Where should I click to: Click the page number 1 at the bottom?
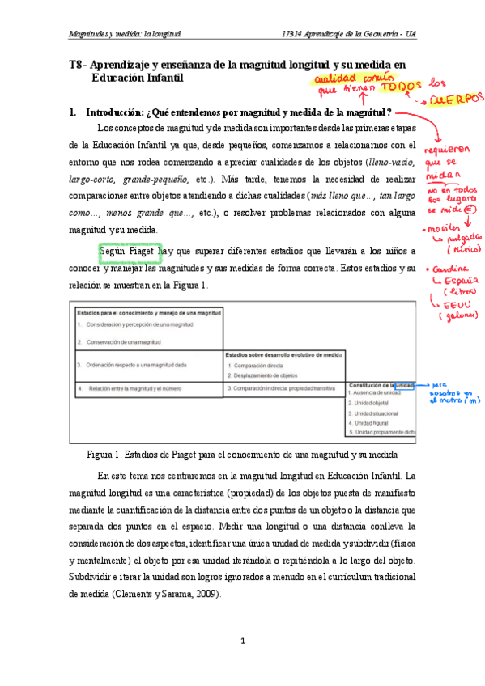tap(242, 642)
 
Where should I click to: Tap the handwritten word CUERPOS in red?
tap(457, 99)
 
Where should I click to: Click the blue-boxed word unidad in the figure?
tap(406, 385)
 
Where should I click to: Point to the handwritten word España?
tap(462, 280)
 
